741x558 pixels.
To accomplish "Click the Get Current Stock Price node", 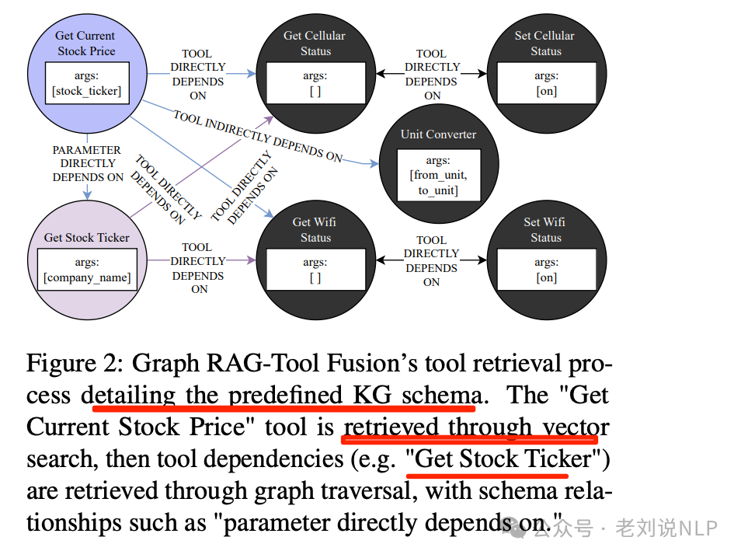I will (x=85, y=43).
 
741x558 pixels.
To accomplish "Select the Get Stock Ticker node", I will (x=86, y=237).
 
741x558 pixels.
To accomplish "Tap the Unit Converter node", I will (x=438, y=134).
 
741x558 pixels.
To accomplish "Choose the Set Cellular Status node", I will (x=545, y=44).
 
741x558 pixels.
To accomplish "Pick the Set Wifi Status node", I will (x=545, y=229).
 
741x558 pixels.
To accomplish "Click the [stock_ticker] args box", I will (x=85, y=84).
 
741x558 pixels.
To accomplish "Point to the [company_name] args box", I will (x=87, y=270).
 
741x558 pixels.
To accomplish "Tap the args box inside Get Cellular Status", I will (x=315, y=83).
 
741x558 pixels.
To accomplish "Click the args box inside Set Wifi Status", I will (x=546, y=270).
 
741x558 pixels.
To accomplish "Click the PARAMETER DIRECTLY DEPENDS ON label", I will (x=87, y=163).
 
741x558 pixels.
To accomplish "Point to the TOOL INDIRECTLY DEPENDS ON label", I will (x=257, y=137).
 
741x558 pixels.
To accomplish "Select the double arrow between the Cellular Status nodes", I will (x=431, y=75).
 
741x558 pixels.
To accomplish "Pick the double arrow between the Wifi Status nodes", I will (x=431, y=261).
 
